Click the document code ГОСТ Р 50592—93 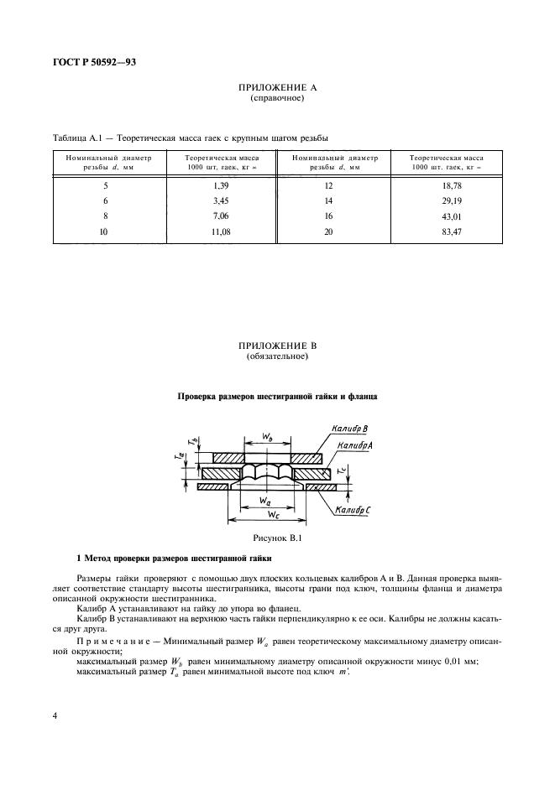click(96, 60)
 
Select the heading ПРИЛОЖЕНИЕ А click(277, 88)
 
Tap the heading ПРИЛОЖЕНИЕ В click(277, 346)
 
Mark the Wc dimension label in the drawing click(267, 511)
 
